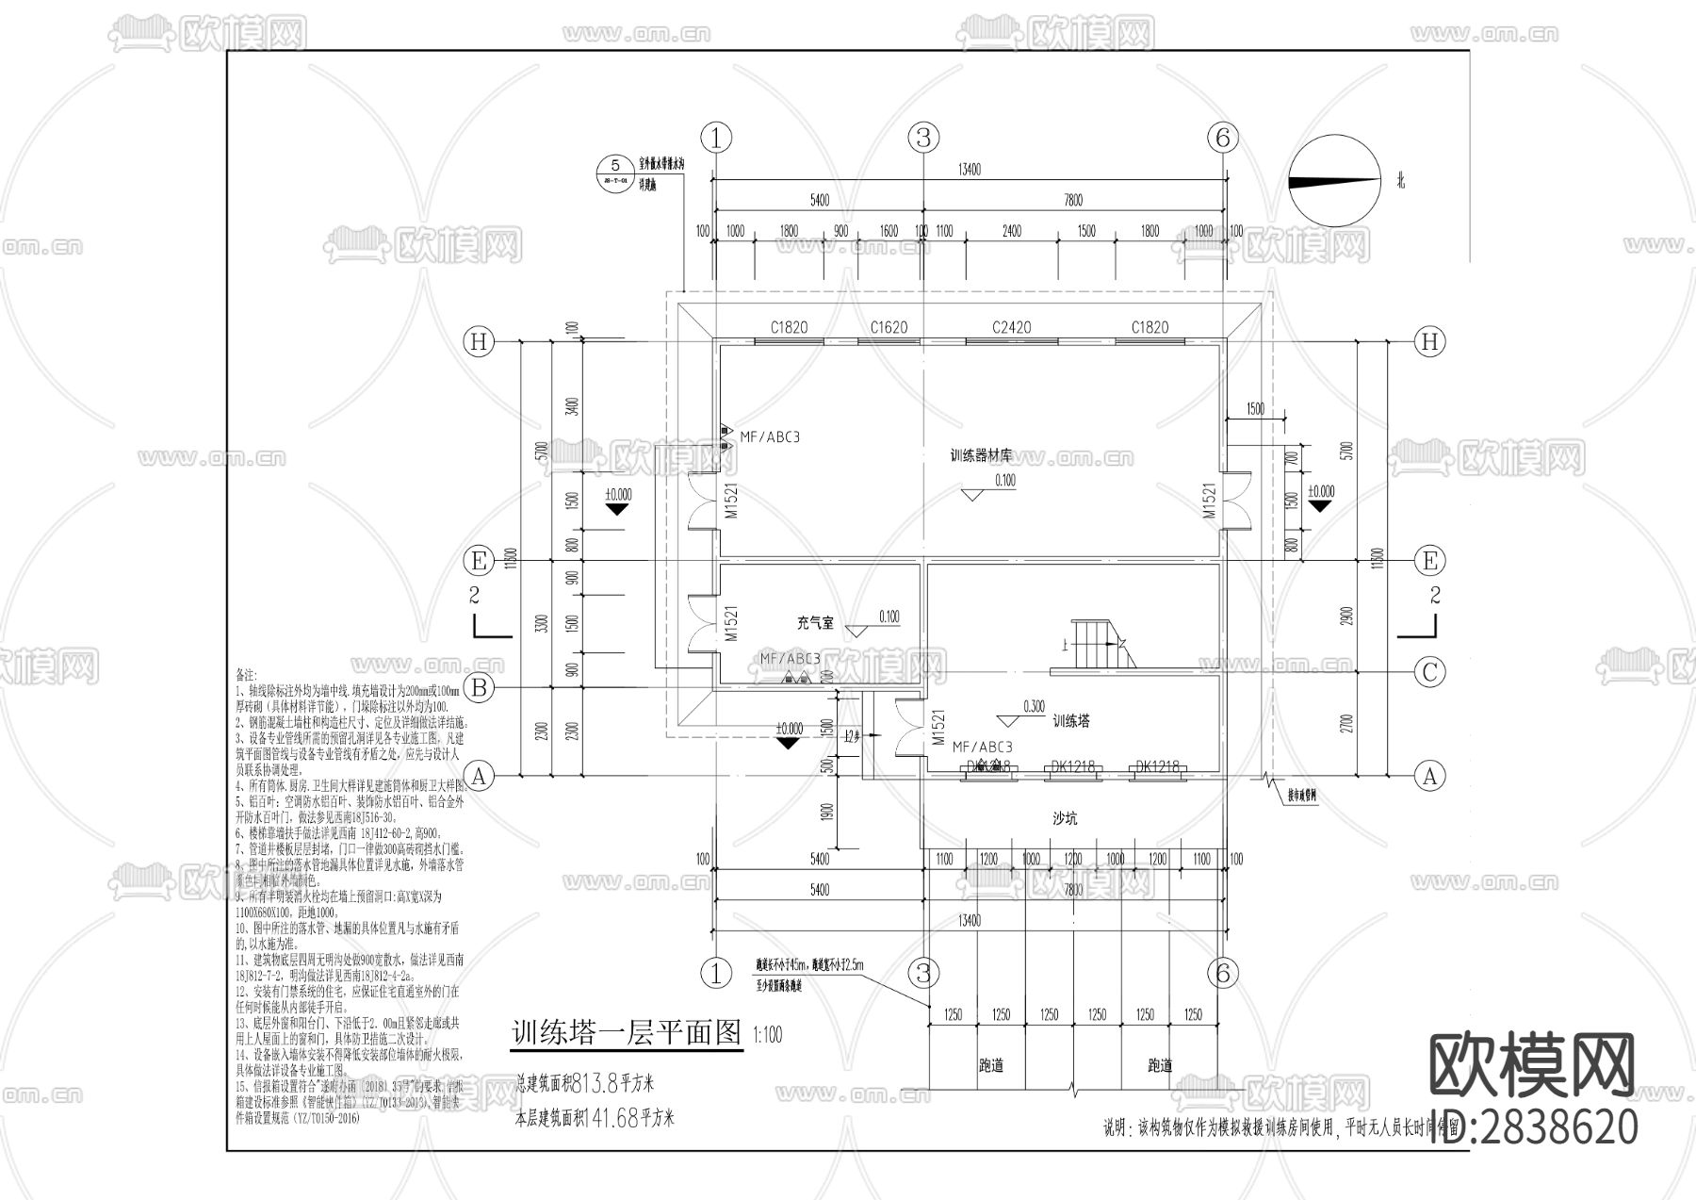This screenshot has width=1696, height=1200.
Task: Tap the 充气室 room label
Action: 815,623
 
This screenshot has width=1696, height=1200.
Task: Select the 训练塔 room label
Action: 1070,721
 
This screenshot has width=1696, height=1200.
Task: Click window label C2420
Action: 1011,327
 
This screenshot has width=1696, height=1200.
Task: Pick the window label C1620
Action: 889,327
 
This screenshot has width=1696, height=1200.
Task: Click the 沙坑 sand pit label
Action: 1065,819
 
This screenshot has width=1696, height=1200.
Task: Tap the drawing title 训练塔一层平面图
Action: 626,1032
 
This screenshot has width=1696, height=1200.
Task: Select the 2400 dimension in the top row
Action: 1011,231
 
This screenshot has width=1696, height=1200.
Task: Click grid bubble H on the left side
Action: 479,341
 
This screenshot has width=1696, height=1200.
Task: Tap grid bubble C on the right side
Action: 1429,672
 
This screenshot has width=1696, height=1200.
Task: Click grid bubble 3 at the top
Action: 923,138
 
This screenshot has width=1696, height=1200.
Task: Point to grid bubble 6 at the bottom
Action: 1223,974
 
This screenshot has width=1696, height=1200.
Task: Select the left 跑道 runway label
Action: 990,1066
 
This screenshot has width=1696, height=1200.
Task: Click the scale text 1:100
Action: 768,1035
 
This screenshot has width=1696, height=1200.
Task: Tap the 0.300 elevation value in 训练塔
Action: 1033,706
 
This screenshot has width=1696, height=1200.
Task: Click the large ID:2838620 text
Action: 1534,1127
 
